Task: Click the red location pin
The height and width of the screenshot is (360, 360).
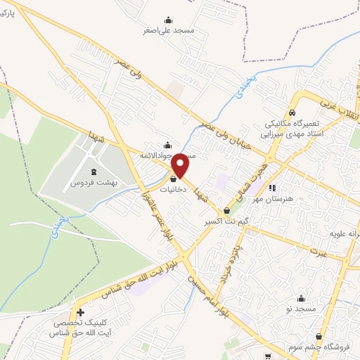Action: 181,166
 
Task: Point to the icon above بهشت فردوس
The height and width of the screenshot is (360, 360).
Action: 94,172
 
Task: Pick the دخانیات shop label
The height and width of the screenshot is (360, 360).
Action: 172,190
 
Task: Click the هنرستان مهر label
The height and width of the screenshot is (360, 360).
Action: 273,199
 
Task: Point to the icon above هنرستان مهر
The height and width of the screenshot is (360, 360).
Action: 273,188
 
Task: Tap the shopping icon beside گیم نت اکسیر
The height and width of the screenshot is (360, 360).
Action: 226,211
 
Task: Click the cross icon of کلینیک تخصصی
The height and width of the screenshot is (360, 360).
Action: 81,312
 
